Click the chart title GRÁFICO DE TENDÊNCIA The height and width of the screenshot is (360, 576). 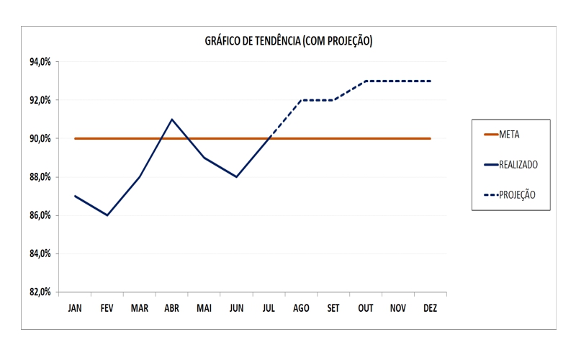(x=288, y=42)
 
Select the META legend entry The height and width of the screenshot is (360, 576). (x=509, y=134)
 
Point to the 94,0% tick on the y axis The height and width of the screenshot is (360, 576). (x=40, y=62)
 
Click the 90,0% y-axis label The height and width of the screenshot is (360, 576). (x=40, y=138)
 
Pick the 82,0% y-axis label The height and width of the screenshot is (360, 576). (x=40, y=292)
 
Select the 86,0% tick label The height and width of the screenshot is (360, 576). (x=40, y=215)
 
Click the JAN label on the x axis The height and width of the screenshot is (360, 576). (x=75, y=308)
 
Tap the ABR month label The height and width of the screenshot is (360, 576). (x=171, y=308)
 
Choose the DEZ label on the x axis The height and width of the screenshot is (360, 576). (x=430, y=308)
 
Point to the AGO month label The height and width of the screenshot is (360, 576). (x=301, y=308)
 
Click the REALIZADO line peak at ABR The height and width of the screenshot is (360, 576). (x=171, y=120)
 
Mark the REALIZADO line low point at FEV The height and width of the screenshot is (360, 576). (x=107, y=215)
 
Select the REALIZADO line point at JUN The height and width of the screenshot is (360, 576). (x=236, y=177)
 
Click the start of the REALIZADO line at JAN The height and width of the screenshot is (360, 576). (x=75, y=196)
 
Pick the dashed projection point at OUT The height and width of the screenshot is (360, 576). (x=366, y=81)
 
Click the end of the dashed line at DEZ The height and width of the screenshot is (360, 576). (x=430, y=81)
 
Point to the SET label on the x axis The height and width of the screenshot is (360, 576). (x=333, y=308)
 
